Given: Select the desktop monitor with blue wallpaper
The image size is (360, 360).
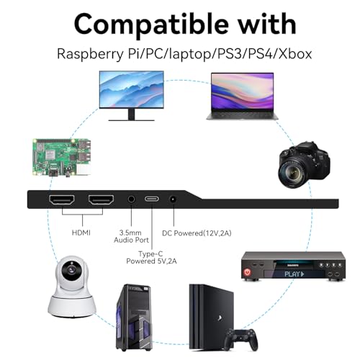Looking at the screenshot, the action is tap(132, 96).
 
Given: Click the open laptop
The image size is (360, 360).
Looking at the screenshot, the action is tap(243, 96).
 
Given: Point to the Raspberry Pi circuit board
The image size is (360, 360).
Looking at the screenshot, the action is tap(62, 158).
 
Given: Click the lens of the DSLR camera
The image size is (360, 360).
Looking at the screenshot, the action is tap(292, 172).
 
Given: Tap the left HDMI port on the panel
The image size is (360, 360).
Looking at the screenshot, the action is tap(62, 200).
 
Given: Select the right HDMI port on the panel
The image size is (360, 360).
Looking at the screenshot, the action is tap(101, 200).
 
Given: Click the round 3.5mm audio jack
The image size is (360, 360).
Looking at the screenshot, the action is tap(131, 199).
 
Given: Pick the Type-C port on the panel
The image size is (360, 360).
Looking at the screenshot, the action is tap(152, 199).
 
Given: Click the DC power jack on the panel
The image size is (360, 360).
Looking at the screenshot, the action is tap(173, 199).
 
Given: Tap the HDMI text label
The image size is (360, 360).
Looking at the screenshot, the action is tap(81, 233).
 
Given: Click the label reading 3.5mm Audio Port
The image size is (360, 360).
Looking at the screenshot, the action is tap(131, 236).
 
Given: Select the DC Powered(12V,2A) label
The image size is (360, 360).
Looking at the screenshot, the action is tap(197, 233).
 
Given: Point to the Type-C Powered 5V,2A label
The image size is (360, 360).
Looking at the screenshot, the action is tap(151, 257).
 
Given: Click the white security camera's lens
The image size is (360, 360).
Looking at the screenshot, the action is tap(71, 269).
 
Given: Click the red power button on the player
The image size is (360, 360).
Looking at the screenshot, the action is tap(247, 272).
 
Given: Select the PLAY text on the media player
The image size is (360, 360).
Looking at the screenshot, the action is tap(294, 274).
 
